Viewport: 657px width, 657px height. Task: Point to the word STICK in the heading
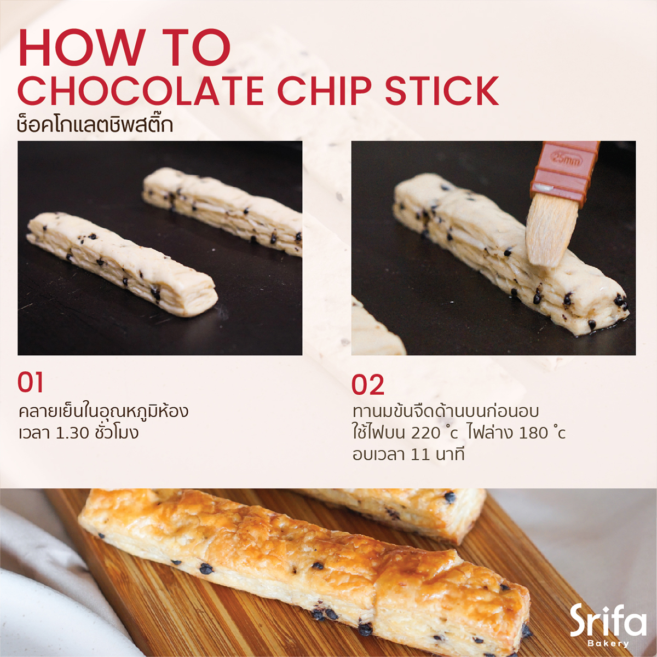click(442, 91)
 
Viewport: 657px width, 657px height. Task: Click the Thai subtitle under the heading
click(95, 125)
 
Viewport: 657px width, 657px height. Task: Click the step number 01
click(31, 383)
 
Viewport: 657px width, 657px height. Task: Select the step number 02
click(367, 385)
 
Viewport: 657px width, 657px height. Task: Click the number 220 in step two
click(425, 433)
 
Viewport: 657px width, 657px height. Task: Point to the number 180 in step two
click(533, 433)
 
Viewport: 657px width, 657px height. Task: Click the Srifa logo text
click(608, 620)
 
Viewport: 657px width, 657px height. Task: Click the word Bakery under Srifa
click(608, 643)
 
